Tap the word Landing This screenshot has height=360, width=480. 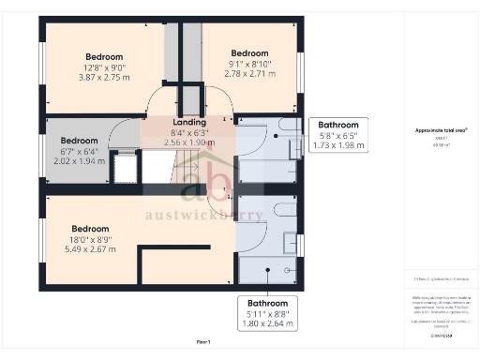189,123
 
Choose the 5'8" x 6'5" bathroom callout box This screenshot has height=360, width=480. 337,135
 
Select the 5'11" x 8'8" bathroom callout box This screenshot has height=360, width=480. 268,314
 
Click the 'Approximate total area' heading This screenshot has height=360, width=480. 441,130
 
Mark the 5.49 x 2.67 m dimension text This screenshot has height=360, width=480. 91,250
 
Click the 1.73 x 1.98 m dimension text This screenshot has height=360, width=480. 337,145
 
